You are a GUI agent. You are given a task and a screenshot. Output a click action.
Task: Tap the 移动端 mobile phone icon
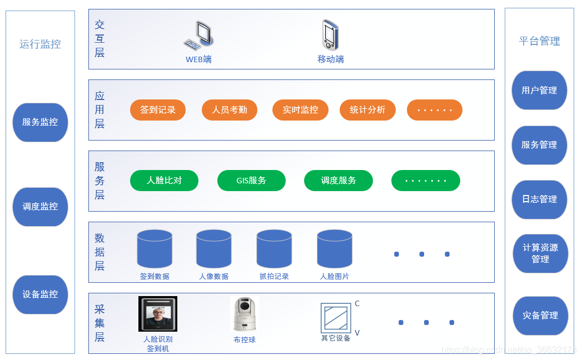(330, 36)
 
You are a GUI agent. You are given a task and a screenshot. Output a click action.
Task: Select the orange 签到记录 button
(158, 110)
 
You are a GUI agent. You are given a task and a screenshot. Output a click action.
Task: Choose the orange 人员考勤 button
(230, 110)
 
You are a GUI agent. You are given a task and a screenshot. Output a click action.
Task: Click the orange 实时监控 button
(300, 110)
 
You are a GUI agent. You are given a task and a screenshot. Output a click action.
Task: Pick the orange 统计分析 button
(367, 110)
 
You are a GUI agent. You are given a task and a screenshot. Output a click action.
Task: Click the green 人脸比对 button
(165, 181)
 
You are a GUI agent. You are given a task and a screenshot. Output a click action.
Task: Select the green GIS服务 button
(251, 181)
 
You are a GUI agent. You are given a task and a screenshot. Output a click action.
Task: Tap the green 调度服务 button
(339, 181)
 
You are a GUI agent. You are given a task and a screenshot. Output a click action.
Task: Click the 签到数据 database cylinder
(155, 249)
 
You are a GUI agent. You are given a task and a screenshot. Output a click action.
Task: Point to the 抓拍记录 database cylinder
(274, 249)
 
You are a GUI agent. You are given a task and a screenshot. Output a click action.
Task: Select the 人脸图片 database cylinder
(335, 249)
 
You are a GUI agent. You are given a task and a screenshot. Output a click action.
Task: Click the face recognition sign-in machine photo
(158, 314)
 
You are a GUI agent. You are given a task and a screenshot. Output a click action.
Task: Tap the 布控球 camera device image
(245, 314)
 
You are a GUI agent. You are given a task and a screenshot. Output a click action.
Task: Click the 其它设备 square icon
(336, 318)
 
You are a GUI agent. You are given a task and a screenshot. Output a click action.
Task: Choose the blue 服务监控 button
(40, 122)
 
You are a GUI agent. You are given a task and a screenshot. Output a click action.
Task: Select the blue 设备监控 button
(40, 294)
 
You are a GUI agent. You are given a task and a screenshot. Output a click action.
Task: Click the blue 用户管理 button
(539, 91)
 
